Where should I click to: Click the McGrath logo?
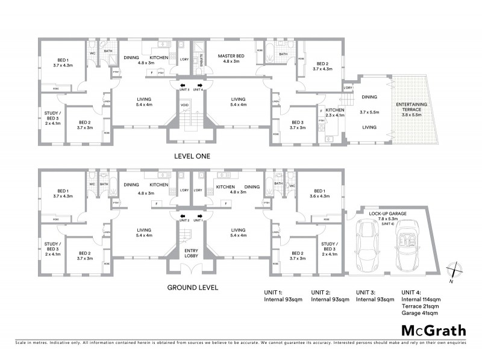pos(433,330)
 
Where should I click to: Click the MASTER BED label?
pos(232,56)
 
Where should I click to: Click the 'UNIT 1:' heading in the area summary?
pos(274,293)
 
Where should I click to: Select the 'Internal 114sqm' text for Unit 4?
pos(421,299)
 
